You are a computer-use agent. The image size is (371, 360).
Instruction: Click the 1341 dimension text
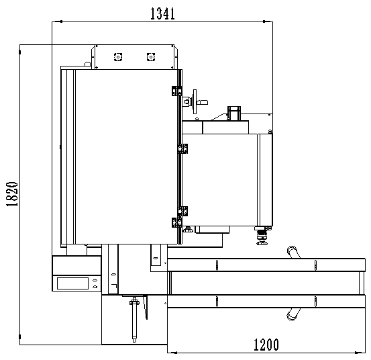tap(162, 13)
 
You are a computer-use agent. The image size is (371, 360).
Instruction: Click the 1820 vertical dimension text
tap(12, 194)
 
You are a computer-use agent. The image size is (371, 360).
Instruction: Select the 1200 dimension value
tap(266, 345)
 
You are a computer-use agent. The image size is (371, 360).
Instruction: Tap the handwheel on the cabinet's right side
tap(195, 101)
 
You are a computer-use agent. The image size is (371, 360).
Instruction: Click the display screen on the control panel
tap(72, 283)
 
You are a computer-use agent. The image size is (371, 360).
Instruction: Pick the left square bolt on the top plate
tap(118, 57)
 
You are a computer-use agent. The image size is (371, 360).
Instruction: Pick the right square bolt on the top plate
tap(151, 57)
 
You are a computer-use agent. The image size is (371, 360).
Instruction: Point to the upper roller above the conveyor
tap(293, 252)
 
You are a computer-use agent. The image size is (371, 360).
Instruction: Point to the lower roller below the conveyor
tap(293, 314)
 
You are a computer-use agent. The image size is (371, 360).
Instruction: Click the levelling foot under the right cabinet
tap(262, 236)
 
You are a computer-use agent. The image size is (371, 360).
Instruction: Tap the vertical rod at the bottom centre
tap(134, 320)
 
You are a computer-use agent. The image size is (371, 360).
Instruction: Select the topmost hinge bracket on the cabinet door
tap(176, 91)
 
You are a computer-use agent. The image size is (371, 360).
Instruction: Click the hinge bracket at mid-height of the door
tap(182, 148)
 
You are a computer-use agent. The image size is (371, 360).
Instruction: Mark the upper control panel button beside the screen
tap(95, 280)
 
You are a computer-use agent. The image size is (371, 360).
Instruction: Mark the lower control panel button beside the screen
tap(95, 287)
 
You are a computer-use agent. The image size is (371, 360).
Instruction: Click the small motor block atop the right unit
tap(234, 114)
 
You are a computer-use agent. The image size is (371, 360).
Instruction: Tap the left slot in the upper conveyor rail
tap(217, 265)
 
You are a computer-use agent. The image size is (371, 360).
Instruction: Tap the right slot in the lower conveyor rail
tap(315, 302)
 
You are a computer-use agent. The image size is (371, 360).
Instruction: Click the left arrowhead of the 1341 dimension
tap(57, 21)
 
